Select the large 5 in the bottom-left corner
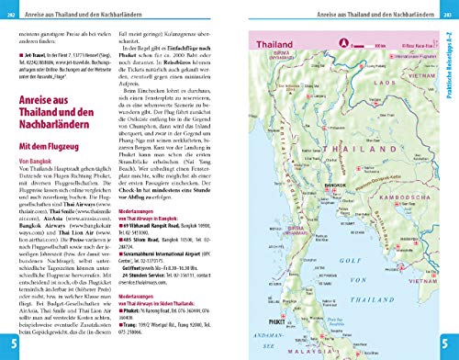pos(9,344)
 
